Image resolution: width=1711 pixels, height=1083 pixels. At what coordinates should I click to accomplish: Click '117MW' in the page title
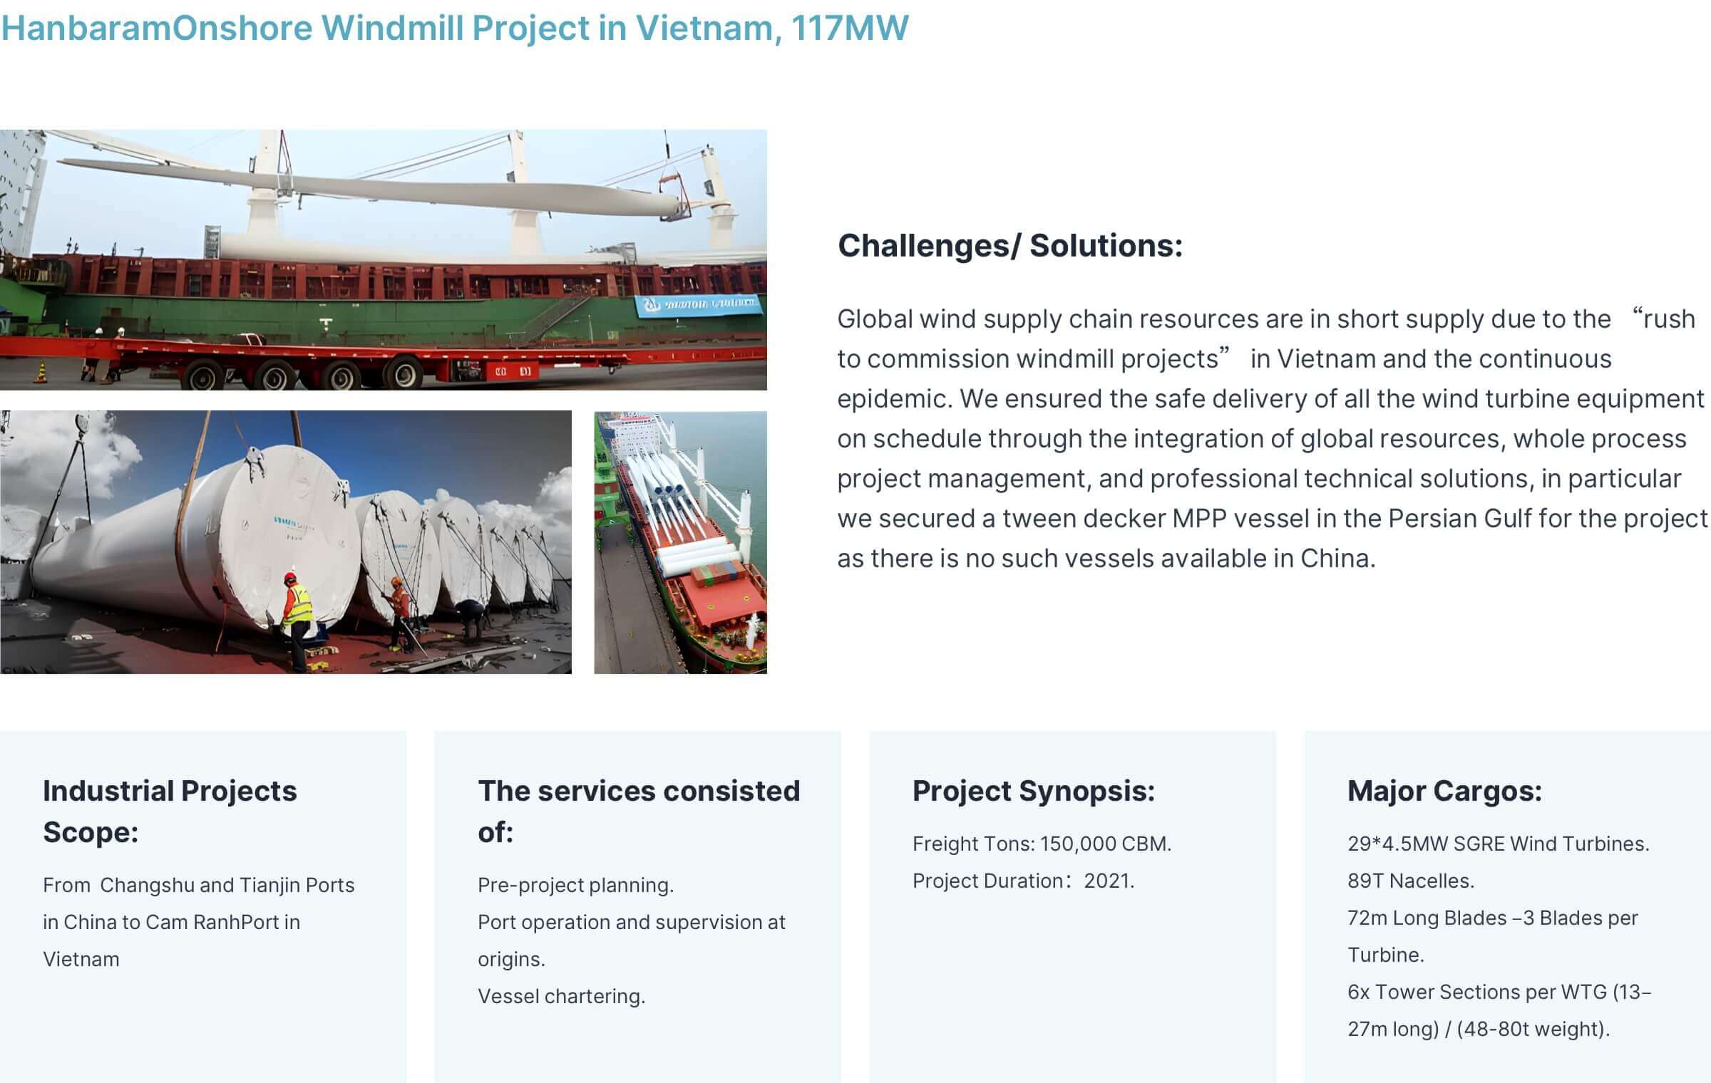[x=850, y=28]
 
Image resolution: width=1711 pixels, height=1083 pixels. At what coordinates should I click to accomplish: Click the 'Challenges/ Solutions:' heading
[x=1010, y=246]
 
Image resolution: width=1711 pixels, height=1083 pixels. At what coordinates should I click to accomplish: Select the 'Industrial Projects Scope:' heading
[x=170, y=811]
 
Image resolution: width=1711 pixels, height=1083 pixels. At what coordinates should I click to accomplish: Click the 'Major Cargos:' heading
[x=1444, y=791]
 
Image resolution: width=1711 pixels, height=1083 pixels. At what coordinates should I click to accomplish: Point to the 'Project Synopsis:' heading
[x=1034, y=791]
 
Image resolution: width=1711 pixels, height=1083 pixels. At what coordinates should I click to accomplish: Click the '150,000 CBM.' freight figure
[x=1106, y=844]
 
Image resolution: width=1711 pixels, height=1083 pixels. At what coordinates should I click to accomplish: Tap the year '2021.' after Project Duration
[x=1109, y=881]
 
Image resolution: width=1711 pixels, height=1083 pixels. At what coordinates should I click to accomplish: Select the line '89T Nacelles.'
[x=1411, y=881]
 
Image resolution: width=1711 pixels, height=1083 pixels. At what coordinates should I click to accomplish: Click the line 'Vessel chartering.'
[x=561, y=996]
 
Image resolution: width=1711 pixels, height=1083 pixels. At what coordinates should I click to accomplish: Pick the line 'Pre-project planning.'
[x=575, y=885]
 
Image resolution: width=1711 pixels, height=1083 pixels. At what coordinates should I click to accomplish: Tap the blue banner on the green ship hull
[x=698, y=305]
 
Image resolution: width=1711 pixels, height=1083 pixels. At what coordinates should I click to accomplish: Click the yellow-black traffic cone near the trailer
[x=41, y=372]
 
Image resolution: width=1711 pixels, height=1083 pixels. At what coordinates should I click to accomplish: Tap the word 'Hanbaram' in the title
[x=86, y=28]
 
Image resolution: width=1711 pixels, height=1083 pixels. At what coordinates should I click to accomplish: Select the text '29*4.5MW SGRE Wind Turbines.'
[x=1499, y=844]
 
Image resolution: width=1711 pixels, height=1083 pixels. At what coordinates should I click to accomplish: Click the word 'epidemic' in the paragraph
[x=893, y=400]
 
